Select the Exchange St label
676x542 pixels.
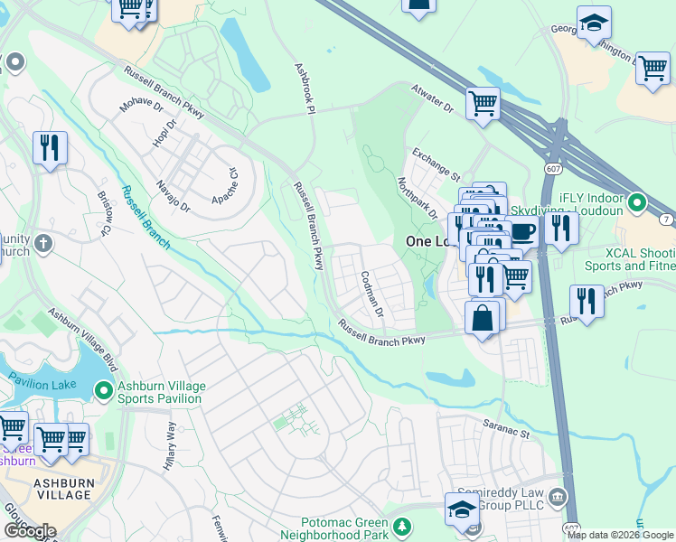[437, 164]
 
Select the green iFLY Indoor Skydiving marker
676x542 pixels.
[637, 203]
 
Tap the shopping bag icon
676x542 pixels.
[483, 318]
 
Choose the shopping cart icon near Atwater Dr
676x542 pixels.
[484, 102]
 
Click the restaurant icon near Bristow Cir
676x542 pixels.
[50, 146]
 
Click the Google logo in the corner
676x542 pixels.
[29, 531]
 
